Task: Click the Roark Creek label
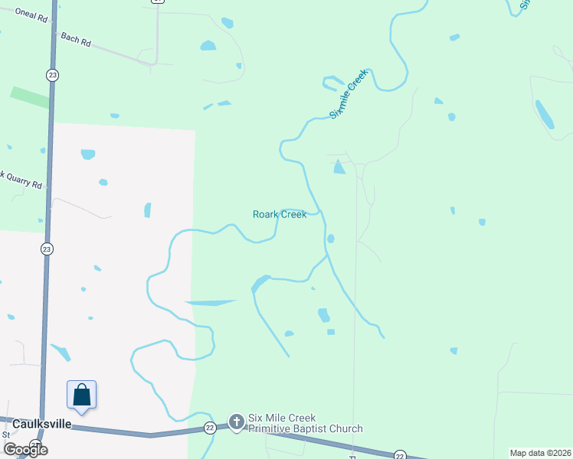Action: coord(280,214)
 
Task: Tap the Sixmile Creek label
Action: coord(349,93)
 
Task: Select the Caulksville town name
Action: coord(41,423)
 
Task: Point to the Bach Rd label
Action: coord(75,40)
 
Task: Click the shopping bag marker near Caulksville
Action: coord(82,395)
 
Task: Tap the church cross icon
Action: coord(236,421)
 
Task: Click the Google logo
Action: coord(25,450)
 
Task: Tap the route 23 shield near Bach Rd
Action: coord(51,74)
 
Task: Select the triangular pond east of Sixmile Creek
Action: coord(339,167)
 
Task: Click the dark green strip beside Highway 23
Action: coord(29,97)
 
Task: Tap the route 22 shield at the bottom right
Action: coord(399,455)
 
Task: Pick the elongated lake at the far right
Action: coord(545,115)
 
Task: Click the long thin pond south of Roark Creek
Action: coord(210,303)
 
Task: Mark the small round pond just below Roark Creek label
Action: coord(330,239)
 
